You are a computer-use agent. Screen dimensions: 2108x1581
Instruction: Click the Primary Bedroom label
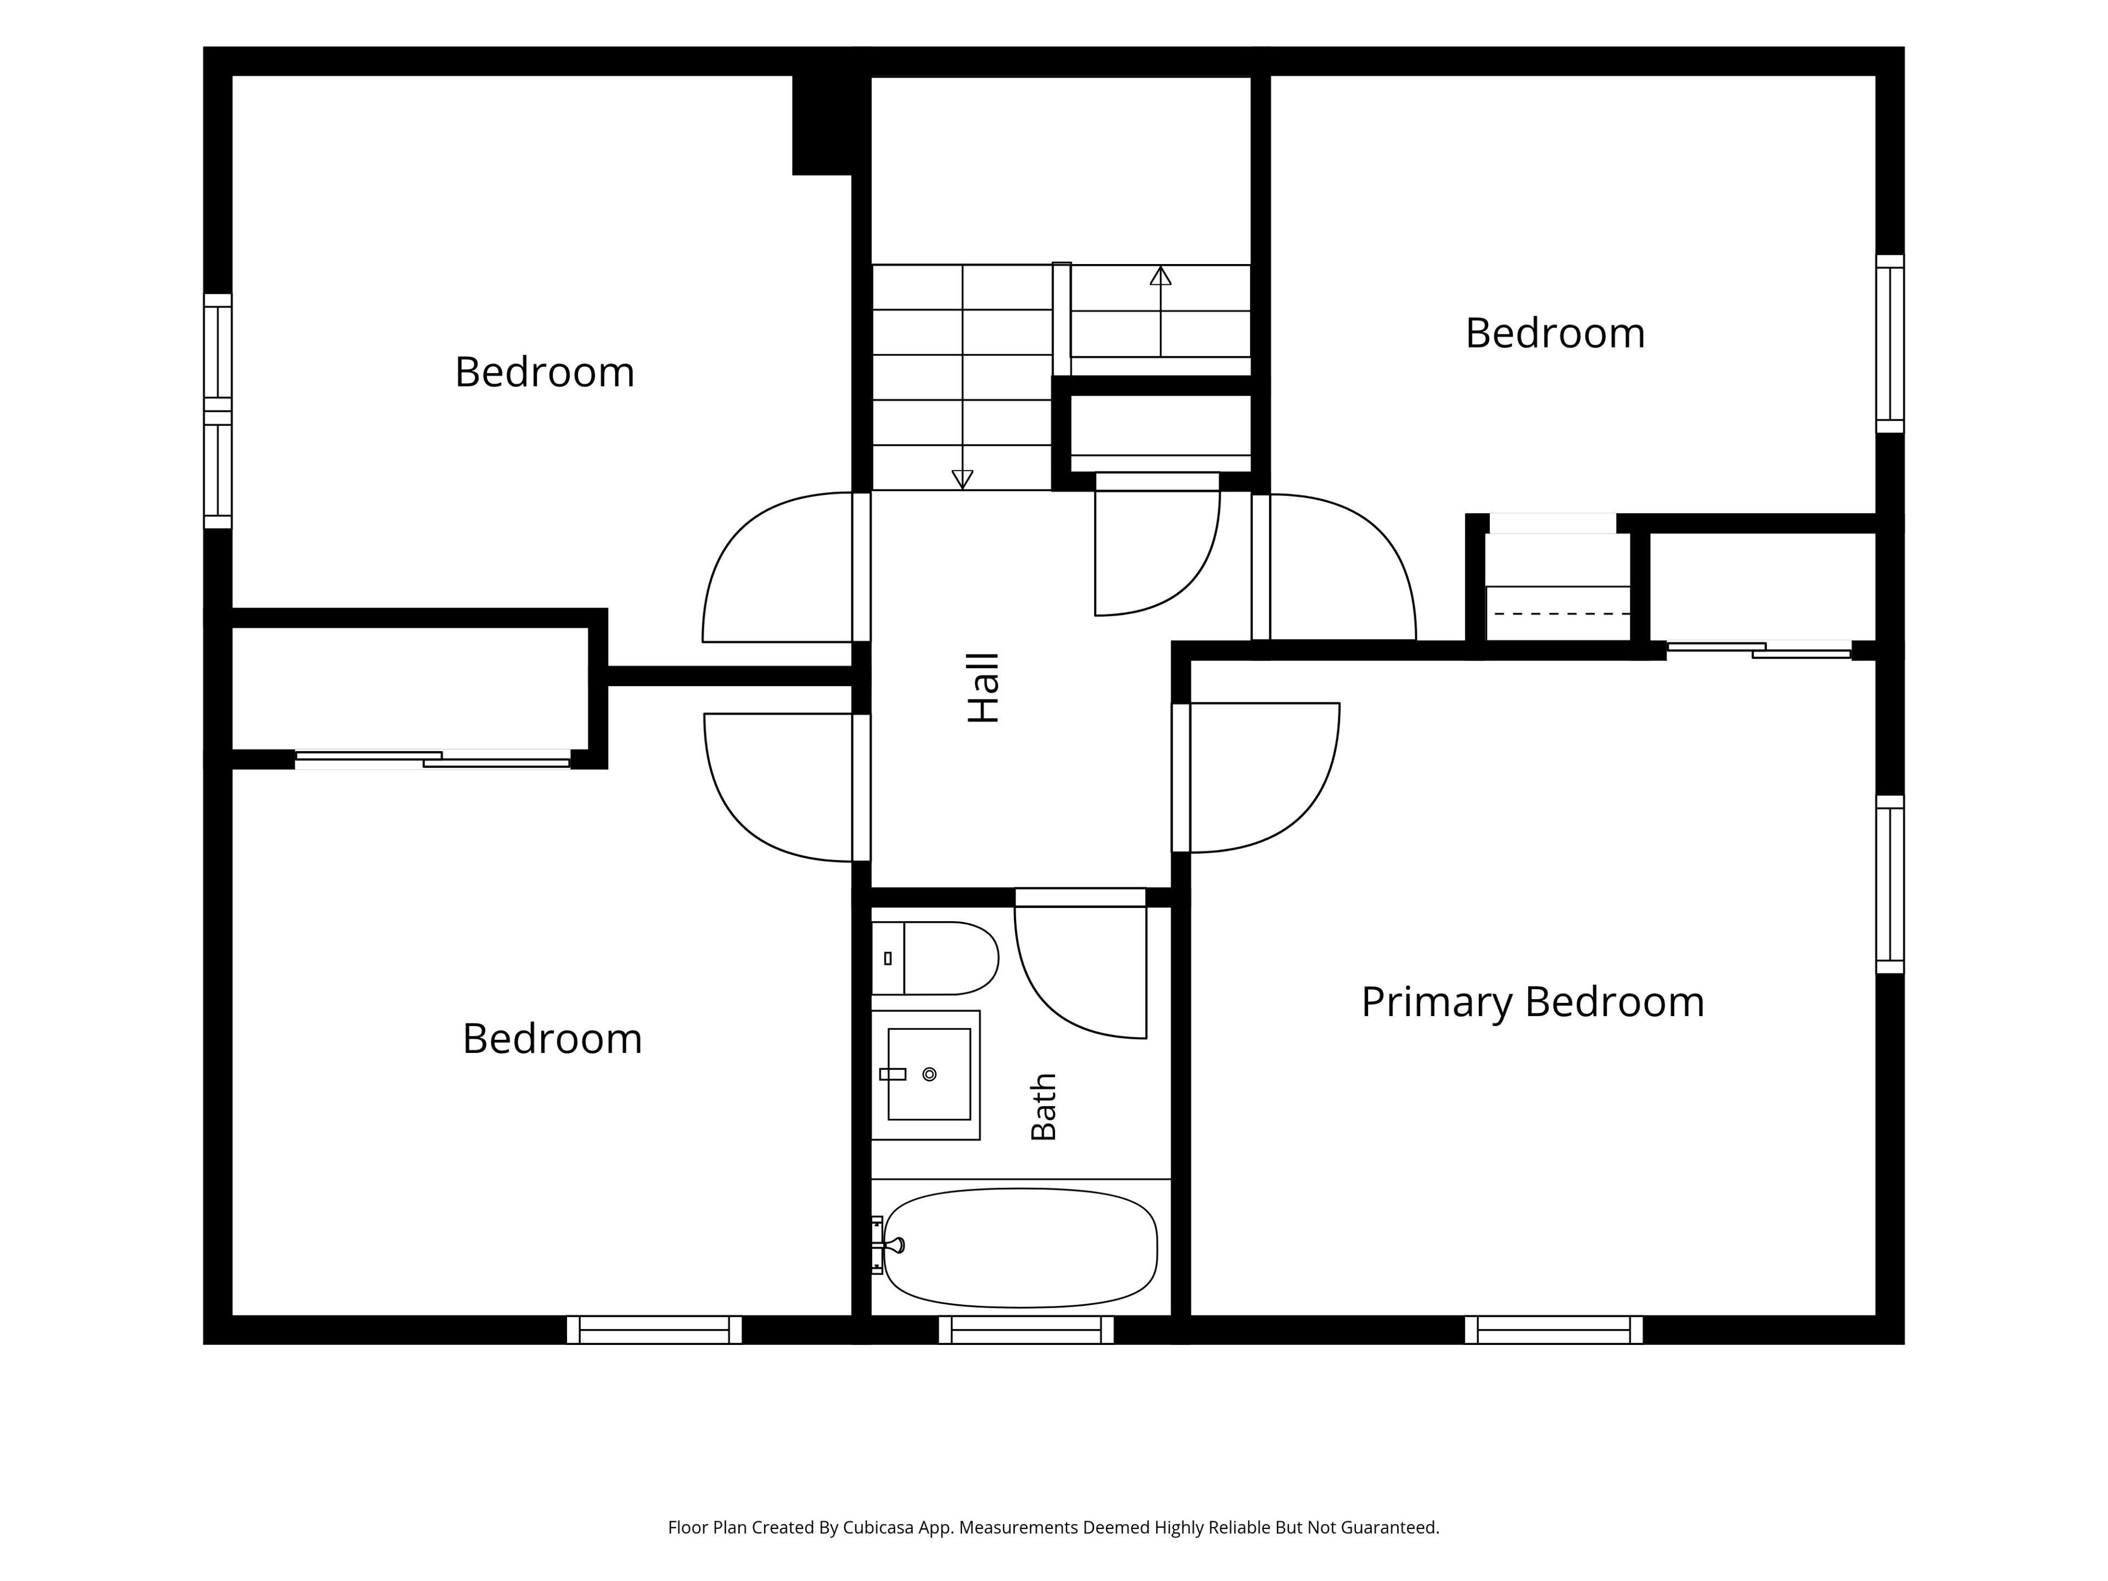[x=1532, y=1002]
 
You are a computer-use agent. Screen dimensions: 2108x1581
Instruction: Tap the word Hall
[x=984, y=688]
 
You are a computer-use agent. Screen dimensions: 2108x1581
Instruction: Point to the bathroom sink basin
[x=929, y=1074]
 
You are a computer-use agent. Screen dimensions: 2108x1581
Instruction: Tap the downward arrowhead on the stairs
[x=962, y=479]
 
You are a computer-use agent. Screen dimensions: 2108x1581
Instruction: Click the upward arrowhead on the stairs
[x=1160, y=276]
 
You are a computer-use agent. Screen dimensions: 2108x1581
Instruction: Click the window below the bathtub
[x=1027, y=1330]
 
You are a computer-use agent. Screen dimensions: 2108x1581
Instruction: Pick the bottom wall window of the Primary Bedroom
[x=1554, y=1330]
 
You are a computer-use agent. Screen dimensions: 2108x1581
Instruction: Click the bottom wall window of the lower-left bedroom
[x=654, y=1330]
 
